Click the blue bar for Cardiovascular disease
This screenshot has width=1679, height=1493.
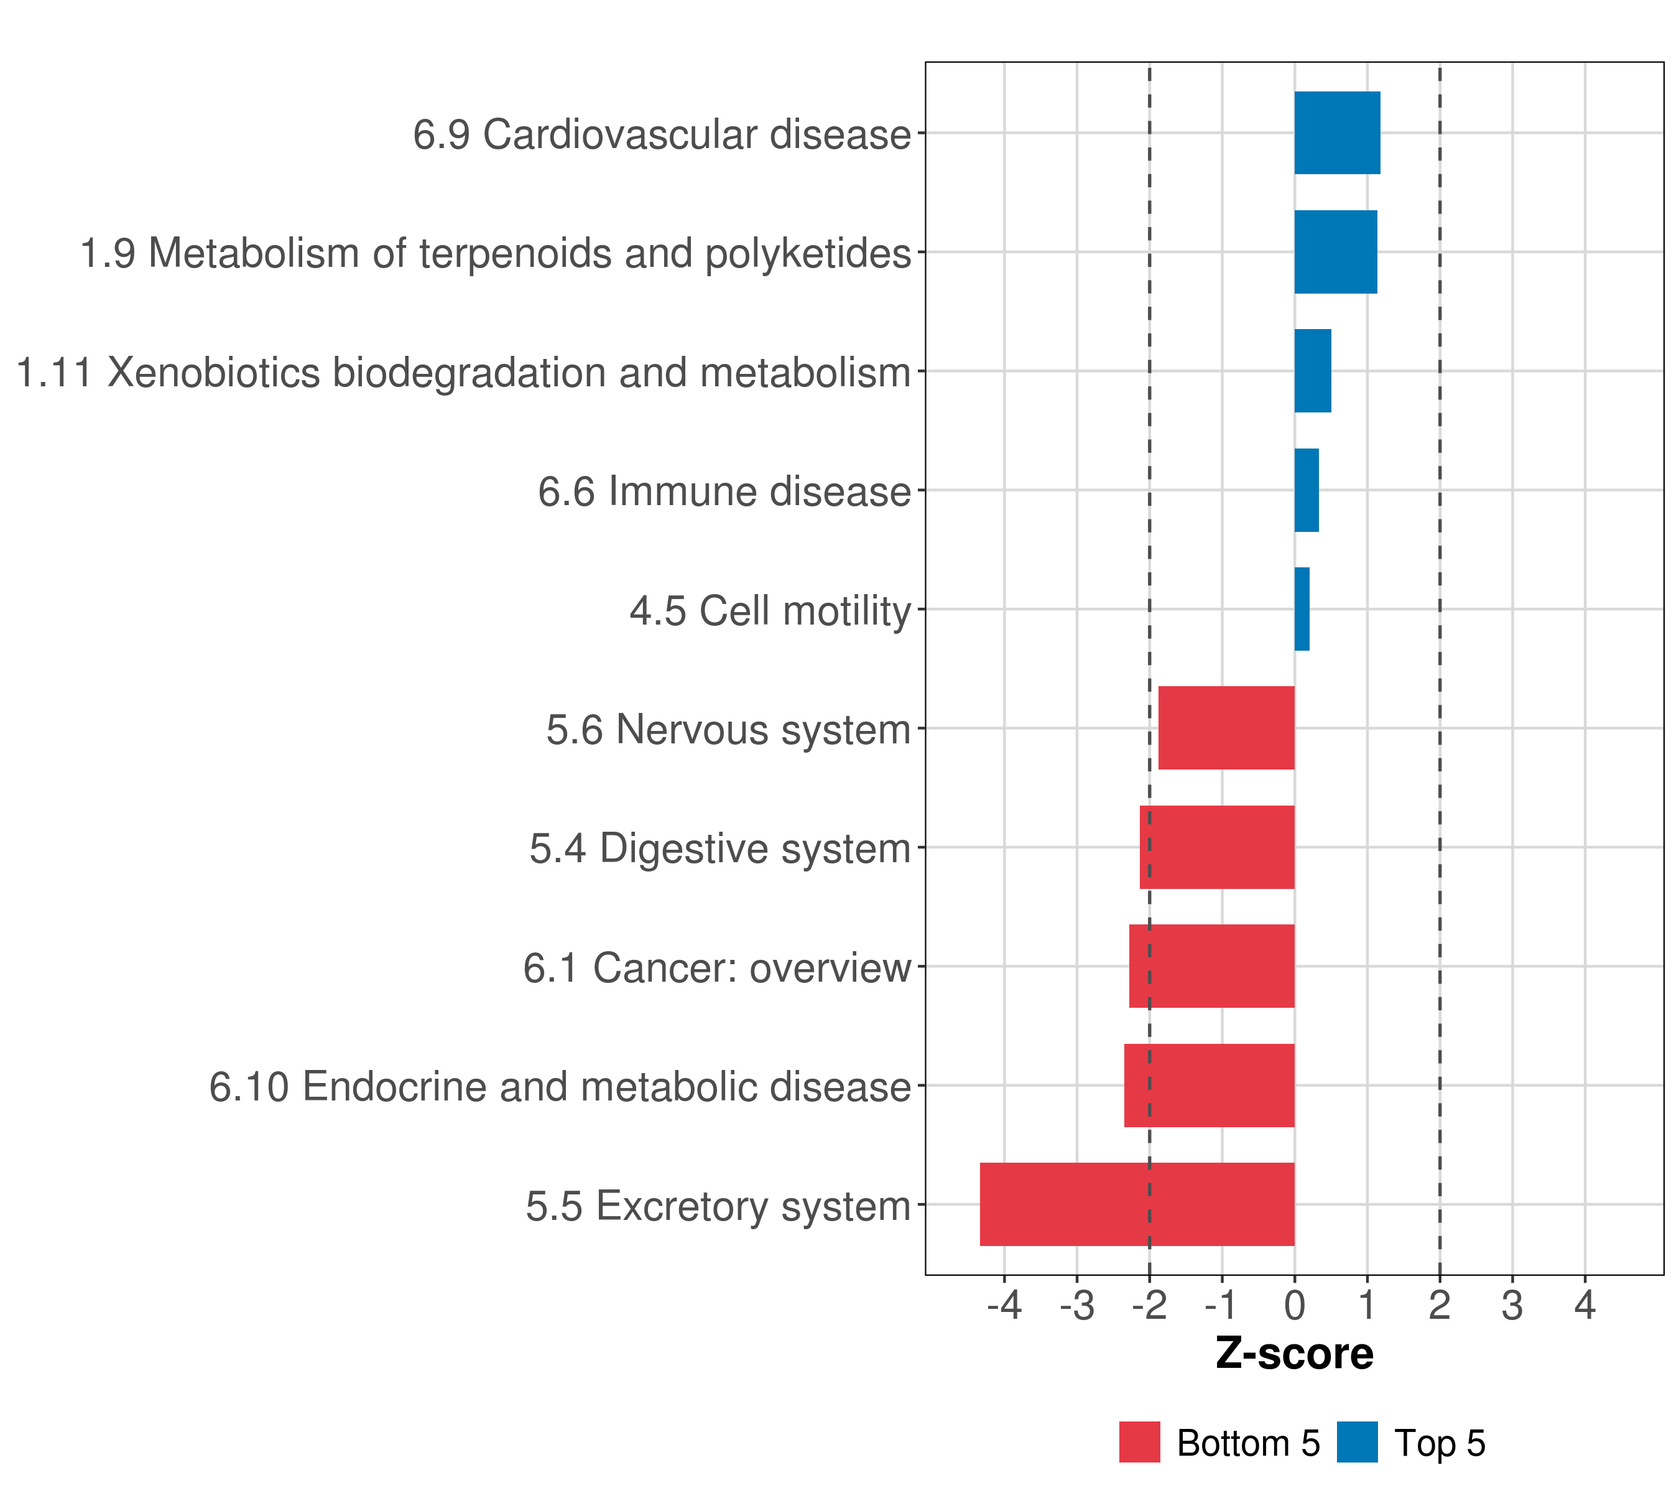click(x=1336, y=133)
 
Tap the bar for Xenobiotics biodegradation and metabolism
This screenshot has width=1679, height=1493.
click(x=1312, y=371)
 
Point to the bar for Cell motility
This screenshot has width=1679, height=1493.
click(x=1302, y=609)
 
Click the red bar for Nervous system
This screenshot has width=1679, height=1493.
click(x=1226, y=728)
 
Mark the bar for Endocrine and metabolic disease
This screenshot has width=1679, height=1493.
click(x=1209, y=1086)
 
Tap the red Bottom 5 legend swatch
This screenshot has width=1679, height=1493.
click(x=1139, y=1442)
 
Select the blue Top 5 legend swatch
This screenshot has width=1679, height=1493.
click(x=1357, y=1442)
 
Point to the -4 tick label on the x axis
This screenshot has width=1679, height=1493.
click(x=1004, y=1305)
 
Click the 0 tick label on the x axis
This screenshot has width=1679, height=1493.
click(x=1295, y=1305)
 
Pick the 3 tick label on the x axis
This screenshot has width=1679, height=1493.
click(x=1512, y=1305)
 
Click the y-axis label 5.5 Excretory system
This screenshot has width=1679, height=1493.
click(x=718, y=1206)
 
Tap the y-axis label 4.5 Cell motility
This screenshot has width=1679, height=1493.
click(x=770, y=610)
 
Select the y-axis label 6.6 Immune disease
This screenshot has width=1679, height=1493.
click(x=724, y=491)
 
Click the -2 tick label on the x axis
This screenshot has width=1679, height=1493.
click(x=1149, y=1305)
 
